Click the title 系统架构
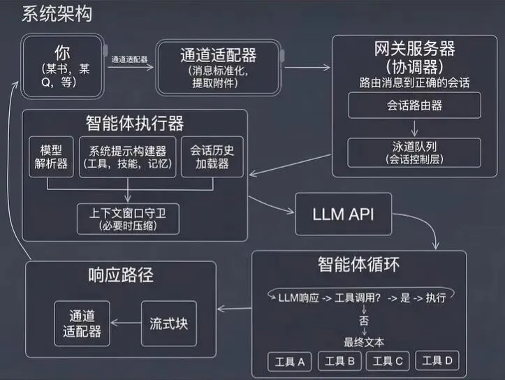click(57, 14)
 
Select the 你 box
click(62, 67)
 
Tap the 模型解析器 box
click(47, 158)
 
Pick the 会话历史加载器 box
click(212, 158)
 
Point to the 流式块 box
click(169, 324)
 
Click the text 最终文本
click(363, 342)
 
